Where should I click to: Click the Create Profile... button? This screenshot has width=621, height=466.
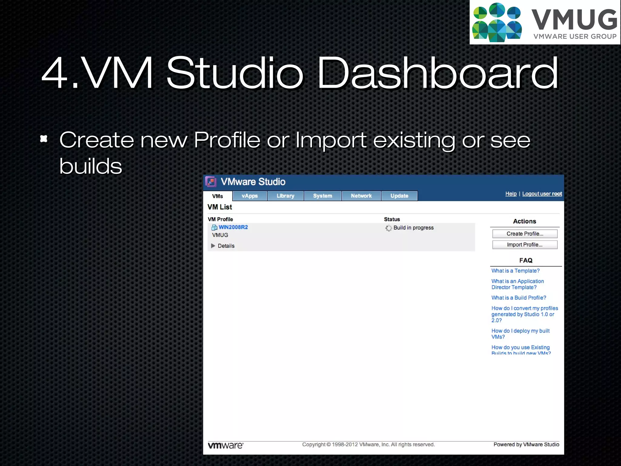(x=525, y=234)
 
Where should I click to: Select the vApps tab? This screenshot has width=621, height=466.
(x=250, y=196)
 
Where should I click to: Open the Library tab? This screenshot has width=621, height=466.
(x=285, y=196)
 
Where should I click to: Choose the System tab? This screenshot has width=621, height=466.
(x=322, y=196)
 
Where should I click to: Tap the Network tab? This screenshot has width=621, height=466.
(x=361, y=196)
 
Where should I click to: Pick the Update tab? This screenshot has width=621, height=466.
(x=399, y=196)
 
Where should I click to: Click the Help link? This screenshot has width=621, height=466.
(x=511, y=194)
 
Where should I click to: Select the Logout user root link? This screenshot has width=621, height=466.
(x=542, y=194)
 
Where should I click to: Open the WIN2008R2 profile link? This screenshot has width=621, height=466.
(x=233, y=227)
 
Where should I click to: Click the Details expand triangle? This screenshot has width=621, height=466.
(x=213, y=246)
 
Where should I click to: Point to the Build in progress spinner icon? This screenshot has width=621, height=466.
(x=388, y=228)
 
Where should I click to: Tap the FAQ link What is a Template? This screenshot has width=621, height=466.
(x=515, y=271)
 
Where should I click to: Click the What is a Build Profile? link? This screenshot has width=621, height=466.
(x=519, y=298)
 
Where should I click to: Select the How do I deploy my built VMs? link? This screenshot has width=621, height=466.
(x=520, y=334)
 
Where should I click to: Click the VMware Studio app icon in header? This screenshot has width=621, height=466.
(x=211, y=182)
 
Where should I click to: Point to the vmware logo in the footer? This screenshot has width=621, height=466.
(x=226, y=445)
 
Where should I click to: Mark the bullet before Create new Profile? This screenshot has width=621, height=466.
(x=44, y=139)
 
